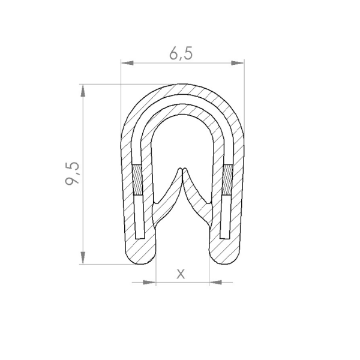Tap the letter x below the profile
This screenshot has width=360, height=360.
coord(181,274)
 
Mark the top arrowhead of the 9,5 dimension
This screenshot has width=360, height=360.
coord(82,91)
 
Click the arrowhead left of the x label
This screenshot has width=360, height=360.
coord(149,281)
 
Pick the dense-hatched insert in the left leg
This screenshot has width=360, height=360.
coord(137,180)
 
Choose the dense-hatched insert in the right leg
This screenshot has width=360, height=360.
coord(227,180)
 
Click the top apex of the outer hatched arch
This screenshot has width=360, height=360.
coord(182,88)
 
